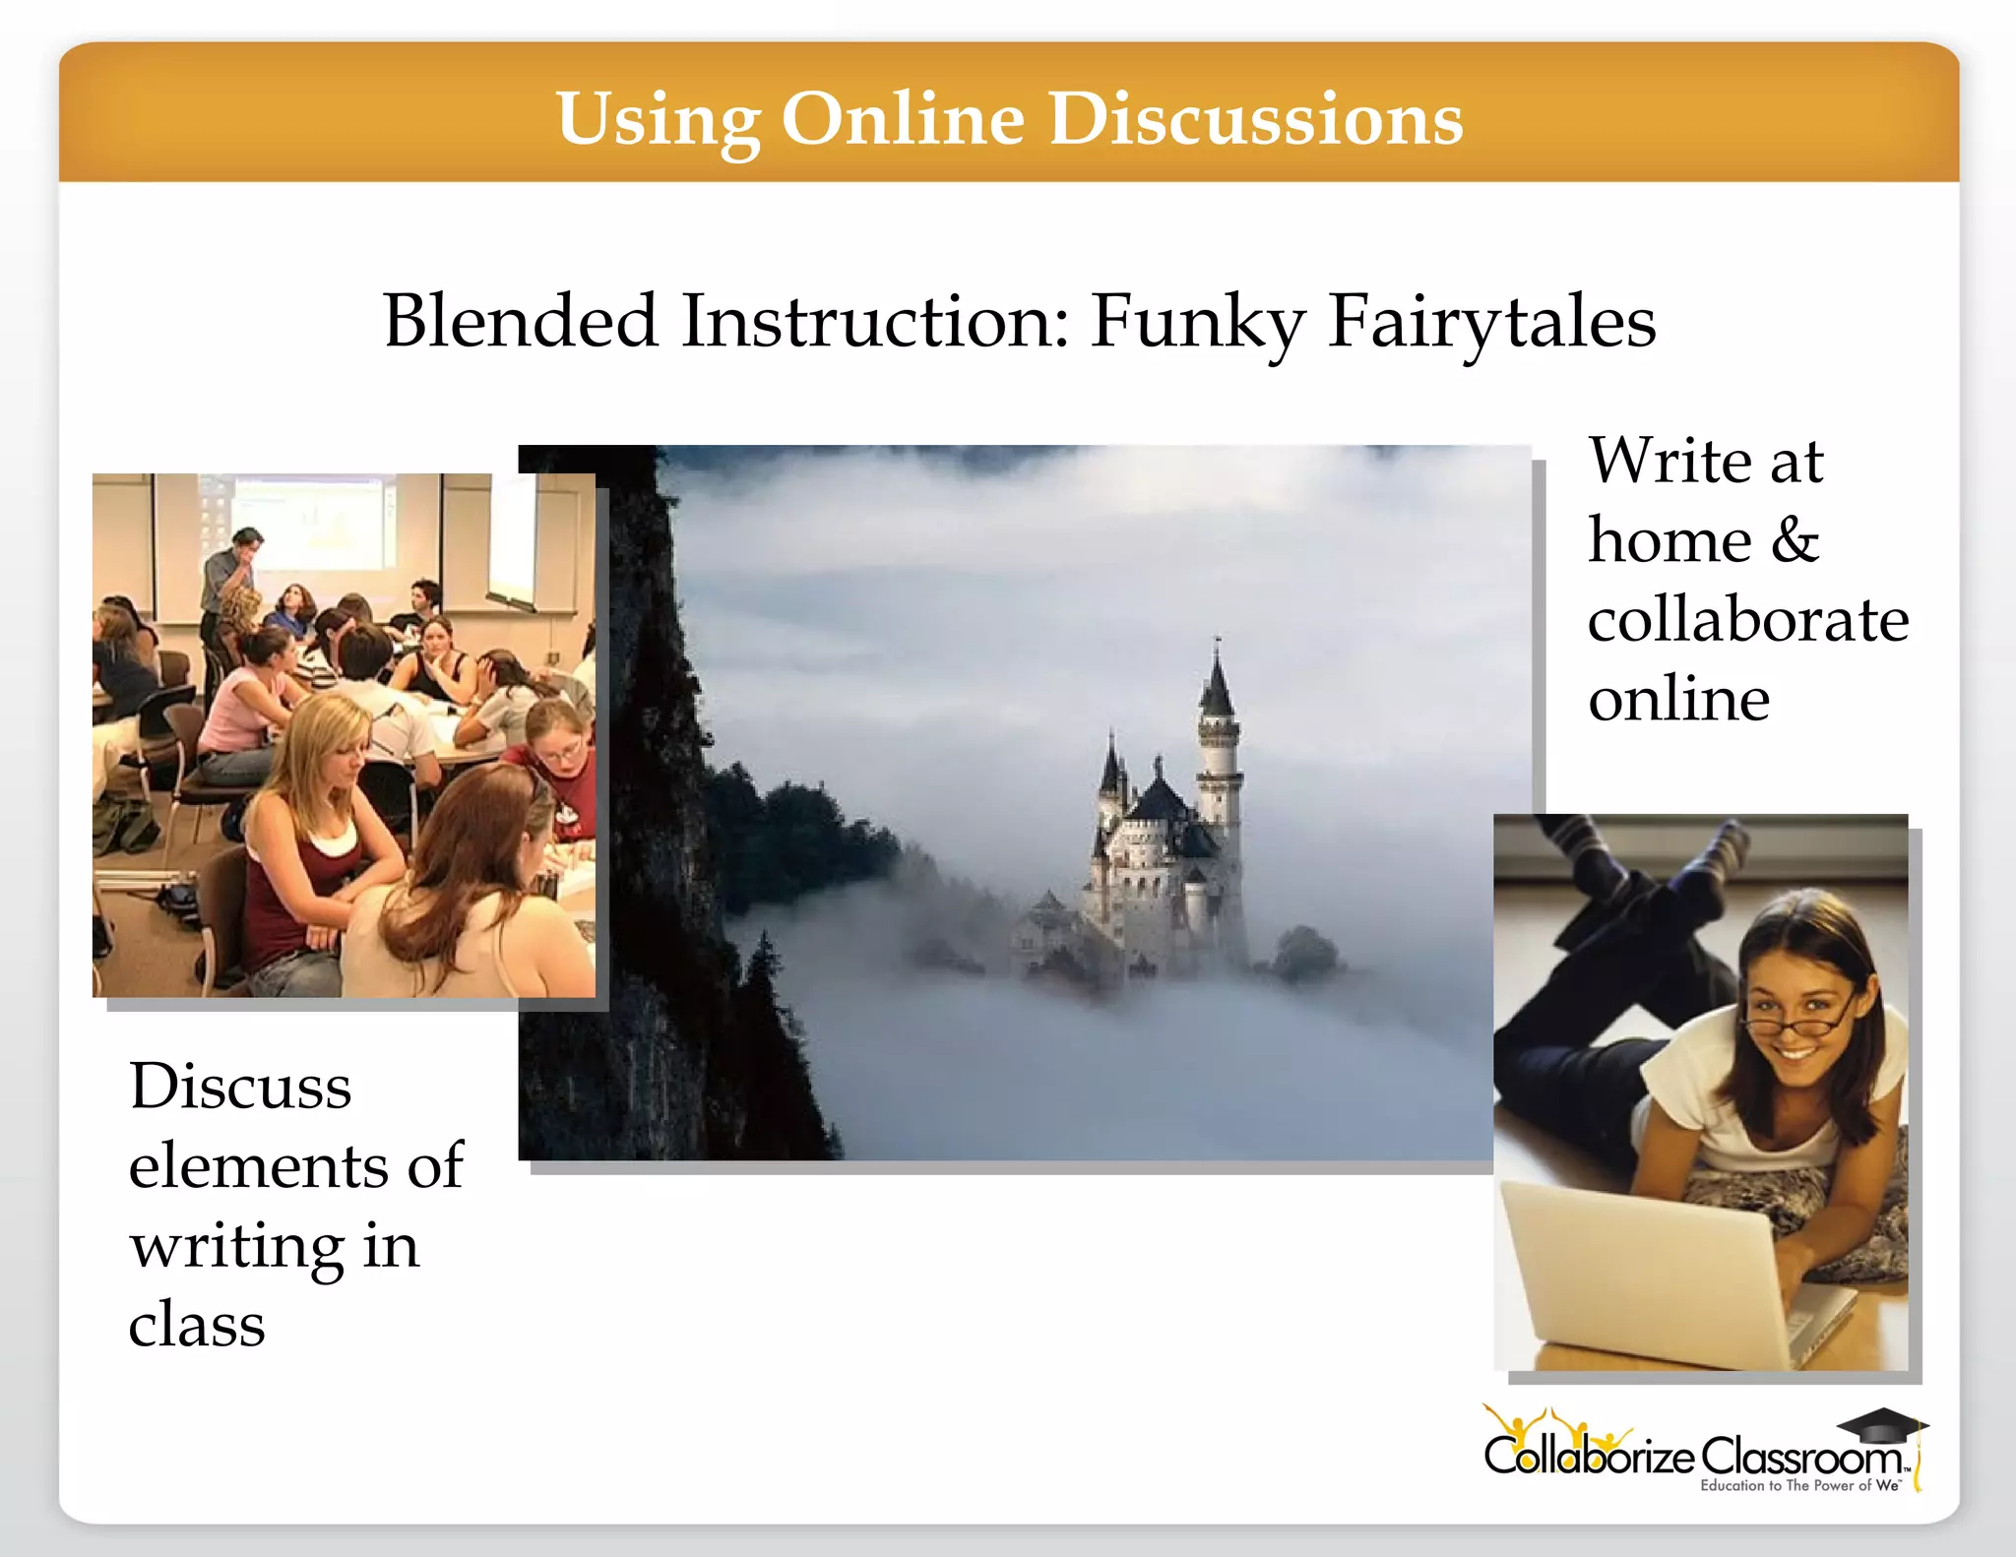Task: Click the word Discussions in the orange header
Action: [1255, 119]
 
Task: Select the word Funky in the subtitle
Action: [1197, 322]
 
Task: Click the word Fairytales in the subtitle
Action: [1491, 322]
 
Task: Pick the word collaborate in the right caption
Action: [1748, 620]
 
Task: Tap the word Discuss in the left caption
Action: [240, 1087]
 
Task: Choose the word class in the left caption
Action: [197, 1325]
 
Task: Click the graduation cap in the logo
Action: [1881, 1424]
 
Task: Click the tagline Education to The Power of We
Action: [1799, 1486]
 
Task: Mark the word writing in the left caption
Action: [236, 1246]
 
